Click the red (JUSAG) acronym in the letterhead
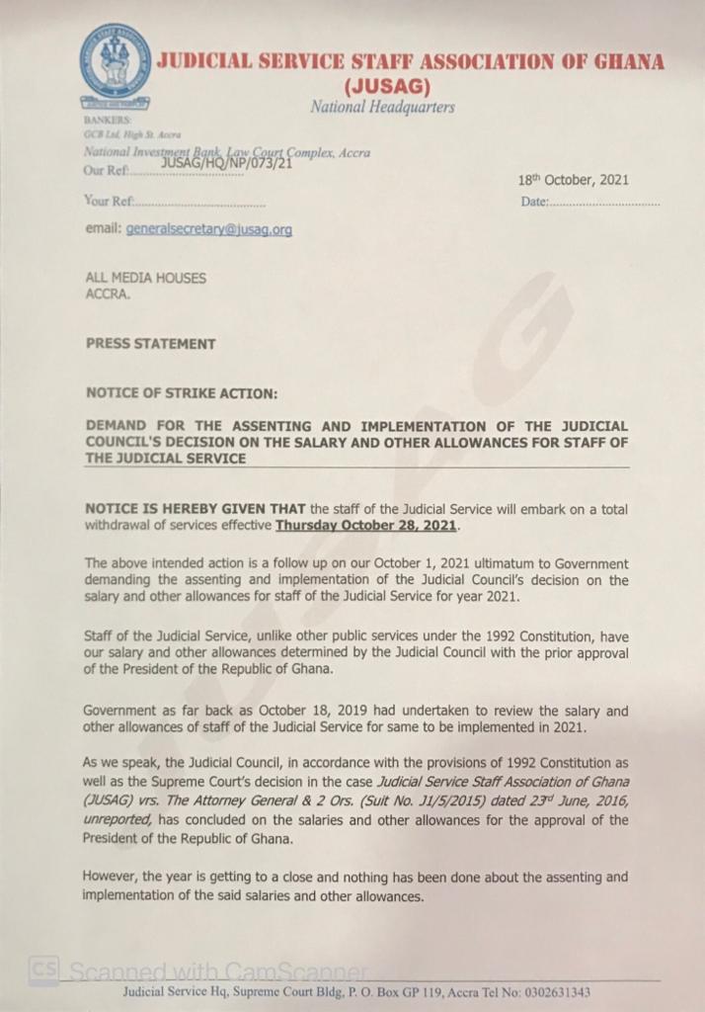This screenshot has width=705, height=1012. pos(381,85)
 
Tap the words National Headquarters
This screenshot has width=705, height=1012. pos(382,107)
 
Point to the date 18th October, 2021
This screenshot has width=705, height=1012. pos(573,181)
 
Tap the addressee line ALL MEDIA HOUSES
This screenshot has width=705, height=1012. pos(146,279)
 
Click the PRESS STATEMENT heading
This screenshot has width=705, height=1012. pos(150,344)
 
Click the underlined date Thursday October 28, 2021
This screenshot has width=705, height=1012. pos(365,526)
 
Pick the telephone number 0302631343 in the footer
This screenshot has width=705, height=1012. pos(557,992)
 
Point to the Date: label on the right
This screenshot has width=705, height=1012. pos(533,203)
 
